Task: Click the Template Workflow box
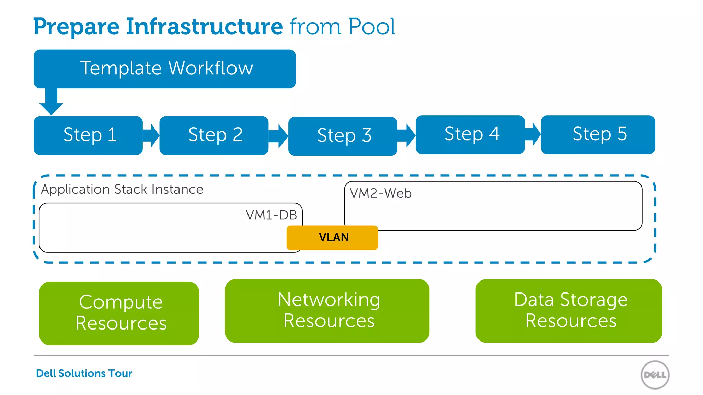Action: (165, 69)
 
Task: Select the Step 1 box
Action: (88, 135)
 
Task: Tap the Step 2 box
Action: (214, 135)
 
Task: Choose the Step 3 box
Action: (343, 136)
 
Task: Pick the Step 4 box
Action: (470, 134)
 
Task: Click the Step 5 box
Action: (598, 134)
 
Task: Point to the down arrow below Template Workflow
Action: (51, 102)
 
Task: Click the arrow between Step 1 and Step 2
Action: (151, 135)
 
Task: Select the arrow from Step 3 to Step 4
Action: (407, 135)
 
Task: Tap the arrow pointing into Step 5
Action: (533, 134)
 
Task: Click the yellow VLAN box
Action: (332, 237)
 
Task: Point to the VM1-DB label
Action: (271, 215)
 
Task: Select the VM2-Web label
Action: (380, 193)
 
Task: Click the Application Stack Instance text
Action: (122, 189)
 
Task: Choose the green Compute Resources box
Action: (119, 313)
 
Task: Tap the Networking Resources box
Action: (327, 311)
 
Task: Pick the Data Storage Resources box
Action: (569, 311)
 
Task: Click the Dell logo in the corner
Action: (655, 375)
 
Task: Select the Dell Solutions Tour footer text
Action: (84, 373)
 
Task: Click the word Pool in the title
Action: (371, 27)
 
